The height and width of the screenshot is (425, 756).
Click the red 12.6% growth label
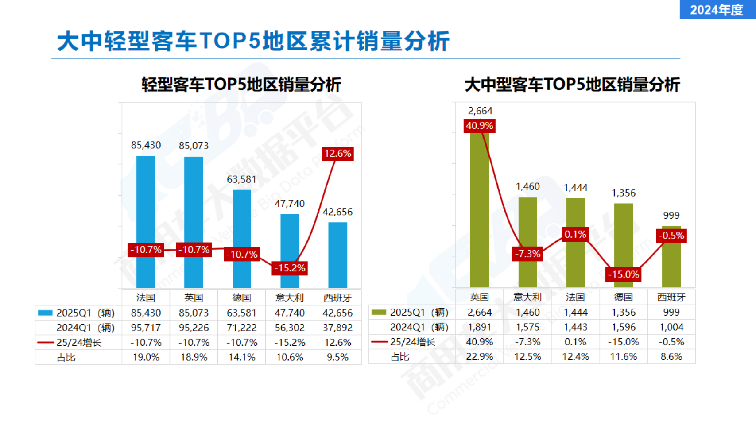(x=337, y=154)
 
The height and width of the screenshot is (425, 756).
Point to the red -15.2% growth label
(x=290, y=268)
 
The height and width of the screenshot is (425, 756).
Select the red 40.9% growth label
(x=480, y=126)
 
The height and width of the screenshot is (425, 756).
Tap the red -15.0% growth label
(x=623, y=274)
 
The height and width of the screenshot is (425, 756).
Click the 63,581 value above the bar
(x=241, y=179)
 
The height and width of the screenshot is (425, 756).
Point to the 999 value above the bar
(x=671, y=216)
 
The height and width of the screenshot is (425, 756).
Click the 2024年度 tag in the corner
(x=717, y=10)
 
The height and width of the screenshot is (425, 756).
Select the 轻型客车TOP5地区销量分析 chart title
(x=241, y=85)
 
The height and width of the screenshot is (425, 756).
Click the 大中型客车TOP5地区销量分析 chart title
(x=572, y=85)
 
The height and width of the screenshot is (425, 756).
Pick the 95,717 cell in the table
(x=146, y=328)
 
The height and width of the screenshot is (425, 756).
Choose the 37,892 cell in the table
(x=337, y=328)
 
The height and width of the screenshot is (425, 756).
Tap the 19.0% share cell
(x=146, y=357)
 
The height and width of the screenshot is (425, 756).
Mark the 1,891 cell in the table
(x=480, y=327)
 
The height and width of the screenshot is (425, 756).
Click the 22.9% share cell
(x=480, y=357)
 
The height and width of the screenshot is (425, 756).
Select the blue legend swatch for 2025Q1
(x=45, y=313)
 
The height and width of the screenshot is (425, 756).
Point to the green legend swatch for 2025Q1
(x=379, y=313)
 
